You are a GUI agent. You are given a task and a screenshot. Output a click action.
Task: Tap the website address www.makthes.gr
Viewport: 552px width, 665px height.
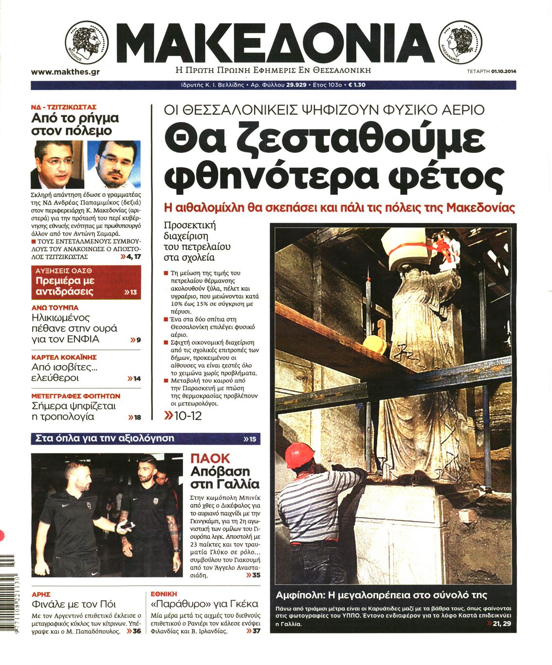[x=65, y=72]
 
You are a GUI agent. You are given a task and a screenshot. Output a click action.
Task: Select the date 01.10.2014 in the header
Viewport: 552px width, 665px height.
[x=503, y=72]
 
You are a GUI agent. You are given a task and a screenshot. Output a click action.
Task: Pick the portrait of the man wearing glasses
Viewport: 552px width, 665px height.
[x=57, y=164]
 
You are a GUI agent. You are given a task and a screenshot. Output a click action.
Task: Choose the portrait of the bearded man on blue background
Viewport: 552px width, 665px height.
[x=114, y=164]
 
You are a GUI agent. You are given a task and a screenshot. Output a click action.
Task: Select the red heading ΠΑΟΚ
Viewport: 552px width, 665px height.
[x=210, y=459]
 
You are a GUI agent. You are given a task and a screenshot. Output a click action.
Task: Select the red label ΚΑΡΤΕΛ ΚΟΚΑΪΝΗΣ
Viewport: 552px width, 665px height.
[x=64, y=357]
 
